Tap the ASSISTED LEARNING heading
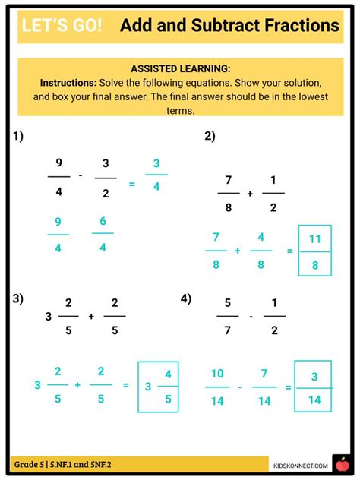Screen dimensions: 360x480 [180, 68]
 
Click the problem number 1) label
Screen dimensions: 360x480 [18, 137]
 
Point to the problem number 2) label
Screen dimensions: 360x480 [210, 137]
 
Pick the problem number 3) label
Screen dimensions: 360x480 [18, 298]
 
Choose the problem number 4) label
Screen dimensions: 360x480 [186, 298]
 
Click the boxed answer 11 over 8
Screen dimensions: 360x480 [314, 250]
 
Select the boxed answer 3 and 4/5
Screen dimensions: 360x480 [157, 386]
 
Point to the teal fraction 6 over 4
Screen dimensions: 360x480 [102, 233]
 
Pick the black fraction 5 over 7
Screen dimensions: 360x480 [226, 316]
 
